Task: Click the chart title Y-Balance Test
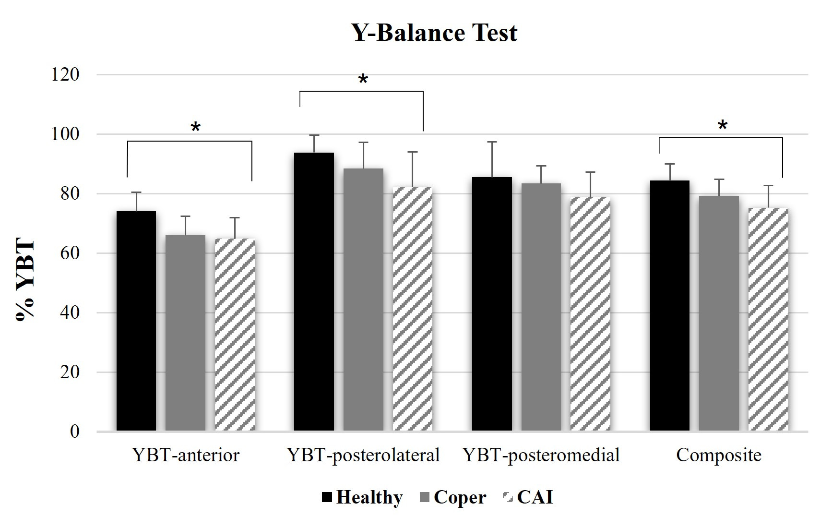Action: point(435,33)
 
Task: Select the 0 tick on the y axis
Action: point(74,432)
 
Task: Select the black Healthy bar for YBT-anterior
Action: point(136,321)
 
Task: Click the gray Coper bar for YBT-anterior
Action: point(185,333)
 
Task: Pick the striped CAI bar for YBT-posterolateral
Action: point(413,309)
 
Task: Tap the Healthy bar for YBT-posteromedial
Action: point(492,304)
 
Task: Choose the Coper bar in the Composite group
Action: point(719,313)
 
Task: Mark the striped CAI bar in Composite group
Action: point(768,319)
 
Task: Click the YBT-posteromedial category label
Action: point(541,455)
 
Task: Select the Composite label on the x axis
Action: point(719,455)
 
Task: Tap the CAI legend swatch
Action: point(508,497)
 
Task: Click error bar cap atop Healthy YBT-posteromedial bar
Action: point(492,142)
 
